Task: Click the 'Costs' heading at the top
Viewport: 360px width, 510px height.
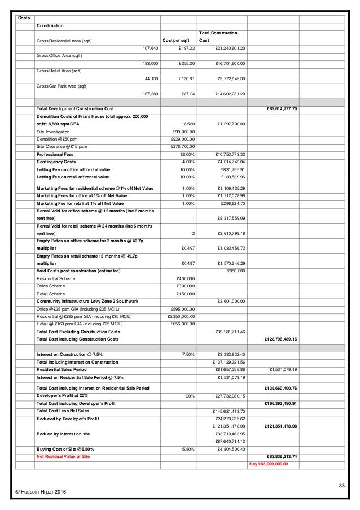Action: (24, 18)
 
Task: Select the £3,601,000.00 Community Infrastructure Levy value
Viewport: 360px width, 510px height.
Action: (230, 300)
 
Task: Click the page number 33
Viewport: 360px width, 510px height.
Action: (340, 486)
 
